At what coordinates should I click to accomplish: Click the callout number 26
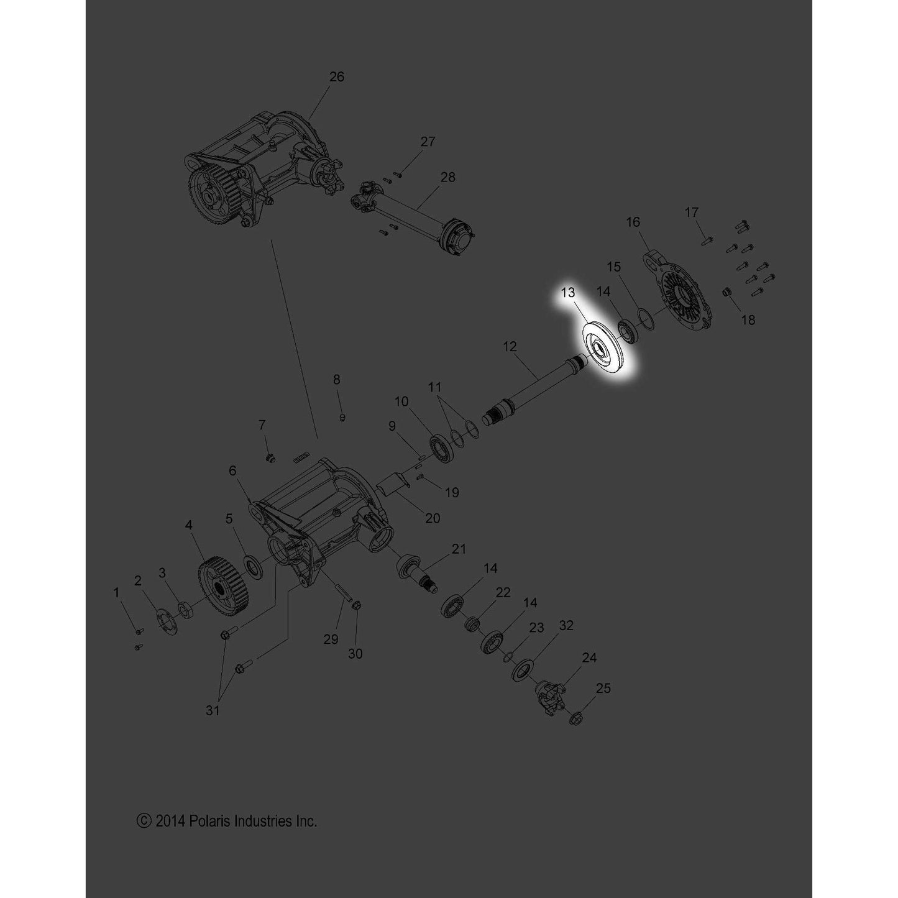[x=336, y=77]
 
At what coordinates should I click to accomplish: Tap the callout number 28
[x=447, y=177]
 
